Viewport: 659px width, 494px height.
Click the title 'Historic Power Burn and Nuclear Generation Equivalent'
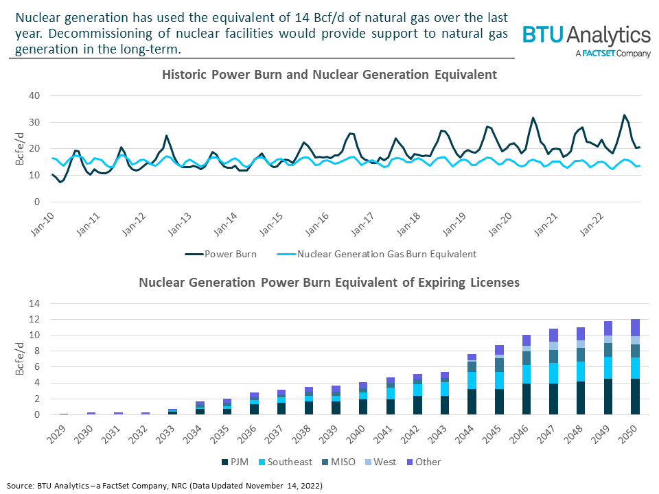(x=329, y=74)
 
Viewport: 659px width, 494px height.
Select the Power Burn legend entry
(x=221, y=254)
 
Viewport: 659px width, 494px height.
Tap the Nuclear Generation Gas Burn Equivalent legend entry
(x=377, y=254)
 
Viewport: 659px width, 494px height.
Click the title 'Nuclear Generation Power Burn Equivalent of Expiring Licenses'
(x=329, y=282)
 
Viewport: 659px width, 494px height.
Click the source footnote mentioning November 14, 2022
(x=165, y=485)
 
